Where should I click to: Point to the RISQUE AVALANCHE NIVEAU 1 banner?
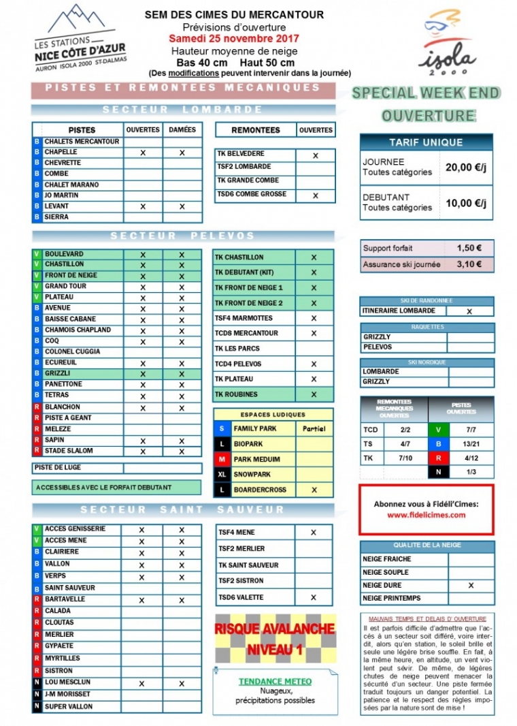click(275, 639)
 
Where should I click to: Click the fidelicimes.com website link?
click(426, 515)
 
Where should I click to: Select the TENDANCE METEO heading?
click(275, 681)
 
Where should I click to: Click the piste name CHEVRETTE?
click(63, 163)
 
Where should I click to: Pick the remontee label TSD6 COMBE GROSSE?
click(252, 194)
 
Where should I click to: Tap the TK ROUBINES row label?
click(237, 394)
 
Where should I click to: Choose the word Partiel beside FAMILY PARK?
click(314, 429)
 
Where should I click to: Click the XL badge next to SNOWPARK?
click(222, 474)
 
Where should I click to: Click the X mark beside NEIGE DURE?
click(471, 585)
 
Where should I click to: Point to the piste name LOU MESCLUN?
click(67, 682)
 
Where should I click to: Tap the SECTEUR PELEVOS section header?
click(182, 236)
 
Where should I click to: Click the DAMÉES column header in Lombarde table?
click(182, 129)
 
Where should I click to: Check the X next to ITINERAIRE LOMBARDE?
click(469, 311)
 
